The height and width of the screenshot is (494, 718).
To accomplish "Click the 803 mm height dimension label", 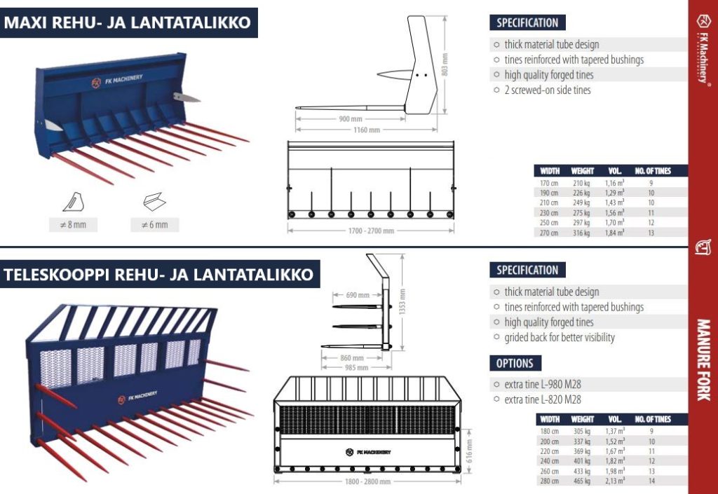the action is click(x=445, y=64).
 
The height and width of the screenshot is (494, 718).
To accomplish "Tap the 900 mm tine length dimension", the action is click(x=351, y=119).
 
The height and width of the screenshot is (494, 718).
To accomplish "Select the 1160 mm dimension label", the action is click(x=367, y=130).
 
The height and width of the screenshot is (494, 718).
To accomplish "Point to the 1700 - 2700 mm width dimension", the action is click(x=371, y=231).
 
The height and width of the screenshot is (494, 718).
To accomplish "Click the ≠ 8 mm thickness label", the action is click(x=73, y=225).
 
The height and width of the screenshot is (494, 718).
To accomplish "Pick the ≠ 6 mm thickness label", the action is click(x=155, y=225).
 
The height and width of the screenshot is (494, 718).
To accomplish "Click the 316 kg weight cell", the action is click(x=581, y=233).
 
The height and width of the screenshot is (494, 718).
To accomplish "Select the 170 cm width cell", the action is click(x=548, y=183).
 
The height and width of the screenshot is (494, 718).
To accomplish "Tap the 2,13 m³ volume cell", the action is click(x=614, y=481).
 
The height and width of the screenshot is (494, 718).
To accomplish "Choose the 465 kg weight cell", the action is click(x=581, y=481).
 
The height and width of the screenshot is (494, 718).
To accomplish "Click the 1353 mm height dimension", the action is click(x=402, y=301).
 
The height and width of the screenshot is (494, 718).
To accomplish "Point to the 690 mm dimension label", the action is click(x=358, y=295).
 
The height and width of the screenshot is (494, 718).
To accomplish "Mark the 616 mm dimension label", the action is click(x=469, y=451).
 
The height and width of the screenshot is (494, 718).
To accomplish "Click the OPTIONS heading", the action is click(x=515, y=363).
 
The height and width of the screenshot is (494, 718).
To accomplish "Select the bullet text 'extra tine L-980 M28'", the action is click(x=543, y=385).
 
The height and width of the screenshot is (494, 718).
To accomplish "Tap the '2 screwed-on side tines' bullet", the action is click(x=547, y=90).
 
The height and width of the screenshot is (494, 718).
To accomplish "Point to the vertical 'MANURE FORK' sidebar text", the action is click(x=703, y=359).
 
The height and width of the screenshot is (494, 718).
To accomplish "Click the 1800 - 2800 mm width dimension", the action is click(x=367, y=481).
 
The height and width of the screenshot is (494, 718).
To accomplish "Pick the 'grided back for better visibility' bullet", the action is click(x=559, y=338).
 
